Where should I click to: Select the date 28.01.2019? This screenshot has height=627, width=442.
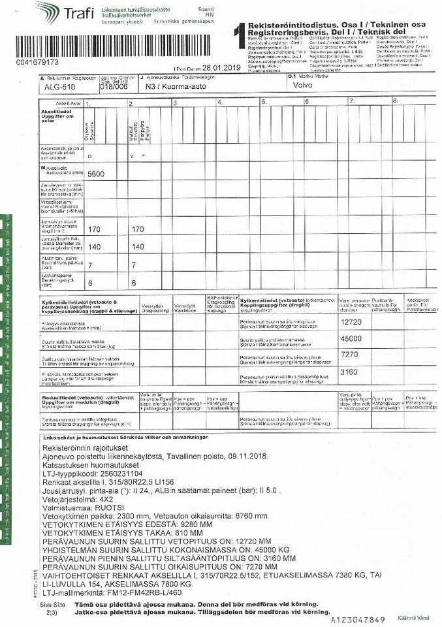(221, 68)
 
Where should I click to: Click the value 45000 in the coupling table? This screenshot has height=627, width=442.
(351, 338)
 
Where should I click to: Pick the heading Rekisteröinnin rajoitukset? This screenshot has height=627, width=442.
(85, 448)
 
